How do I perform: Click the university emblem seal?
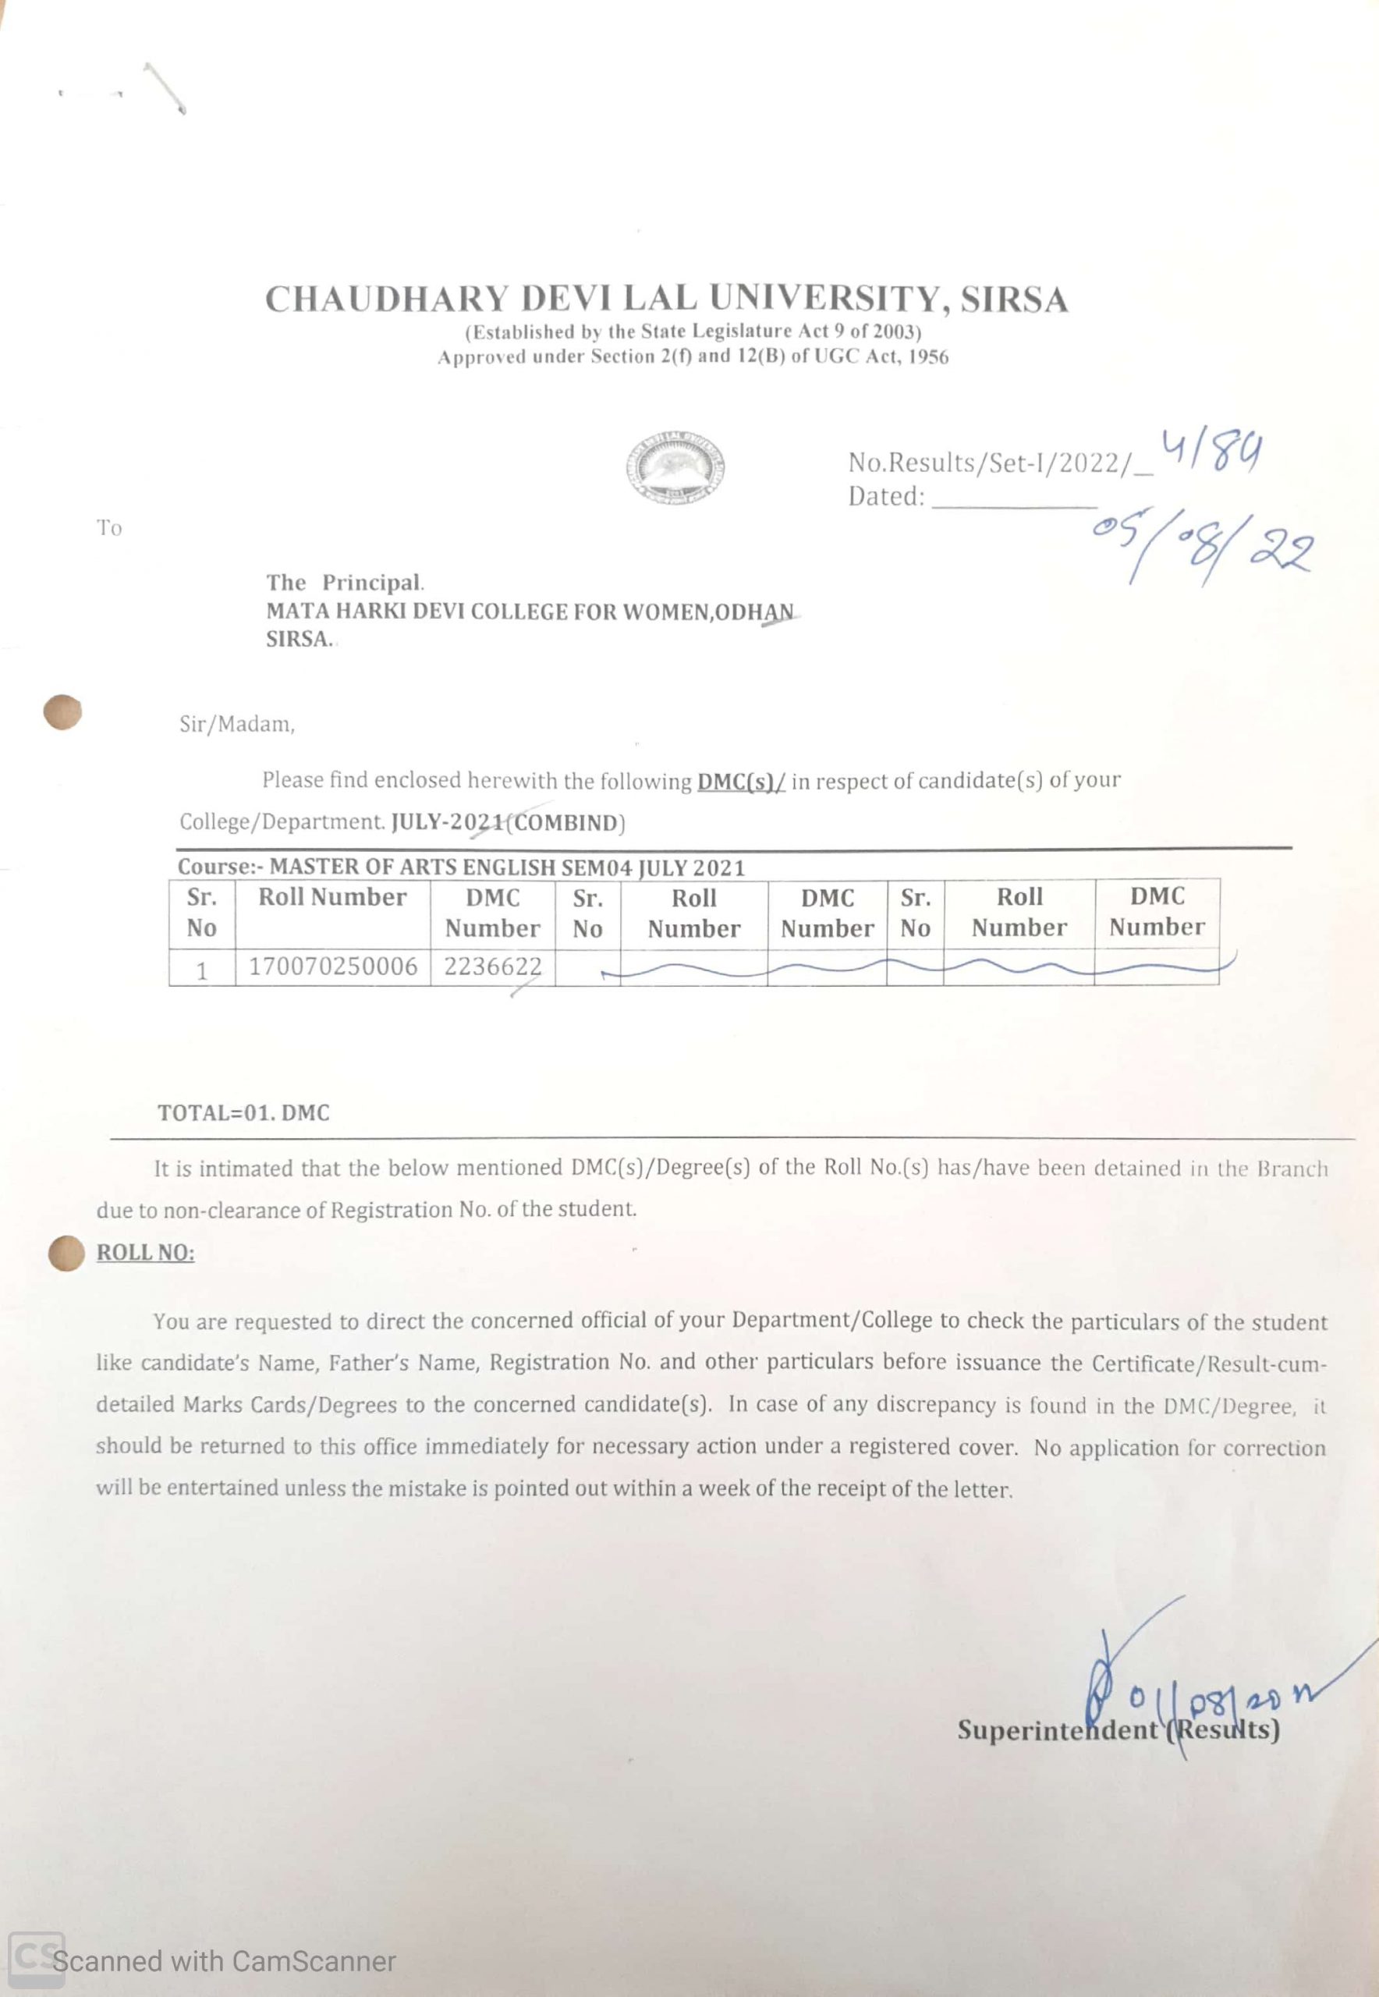tap(675, 467)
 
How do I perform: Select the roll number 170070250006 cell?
tap(332, 966)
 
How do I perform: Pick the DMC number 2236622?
tap(492, 966)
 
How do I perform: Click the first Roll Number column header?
tap(332, 898)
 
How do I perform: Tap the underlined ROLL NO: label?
tap(145, 1253)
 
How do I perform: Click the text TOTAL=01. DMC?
tap(243, 1113)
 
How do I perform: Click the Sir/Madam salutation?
tap(237, 724)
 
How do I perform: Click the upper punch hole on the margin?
tap(62, 713)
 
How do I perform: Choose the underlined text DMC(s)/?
tap(740, 781)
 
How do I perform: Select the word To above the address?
tap(109, 528)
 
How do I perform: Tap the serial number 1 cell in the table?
tap(201, 970)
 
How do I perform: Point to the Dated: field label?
tap(885, 497)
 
